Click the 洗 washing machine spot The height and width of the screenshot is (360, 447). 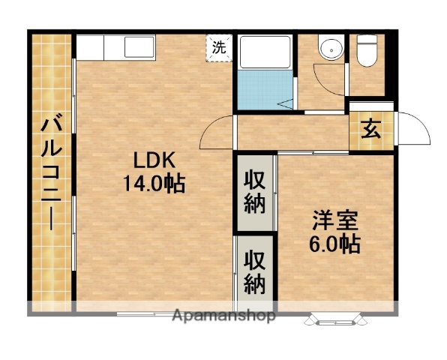218,46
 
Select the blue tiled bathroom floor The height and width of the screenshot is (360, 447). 262,90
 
